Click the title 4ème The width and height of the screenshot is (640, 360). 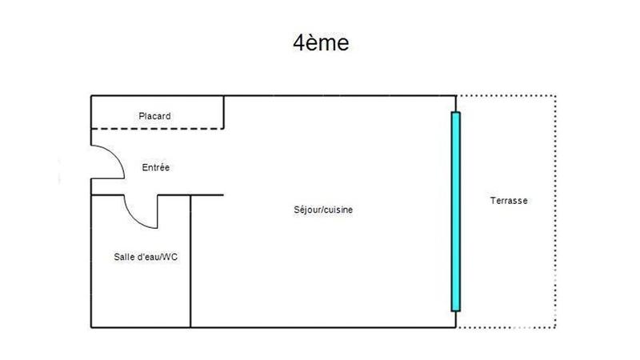(320, 43)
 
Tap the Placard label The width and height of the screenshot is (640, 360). (154, 116)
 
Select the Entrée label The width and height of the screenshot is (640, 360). (156, 167)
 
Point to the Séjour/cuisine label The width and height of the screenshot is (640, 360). (324, 210)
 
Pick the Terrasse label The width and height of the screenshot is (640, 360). (509, 201)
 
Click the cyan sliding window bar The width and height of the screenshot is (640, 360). (456, 211)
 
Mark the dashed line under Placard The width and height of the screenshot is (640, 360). (156, 128)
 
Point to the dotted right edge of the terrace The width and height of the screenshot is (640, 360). (555, 211)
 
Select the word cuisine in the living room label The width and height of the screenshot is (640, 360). (338, 210)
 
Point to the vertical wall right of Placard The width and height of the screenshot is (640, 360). (223, 112)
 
